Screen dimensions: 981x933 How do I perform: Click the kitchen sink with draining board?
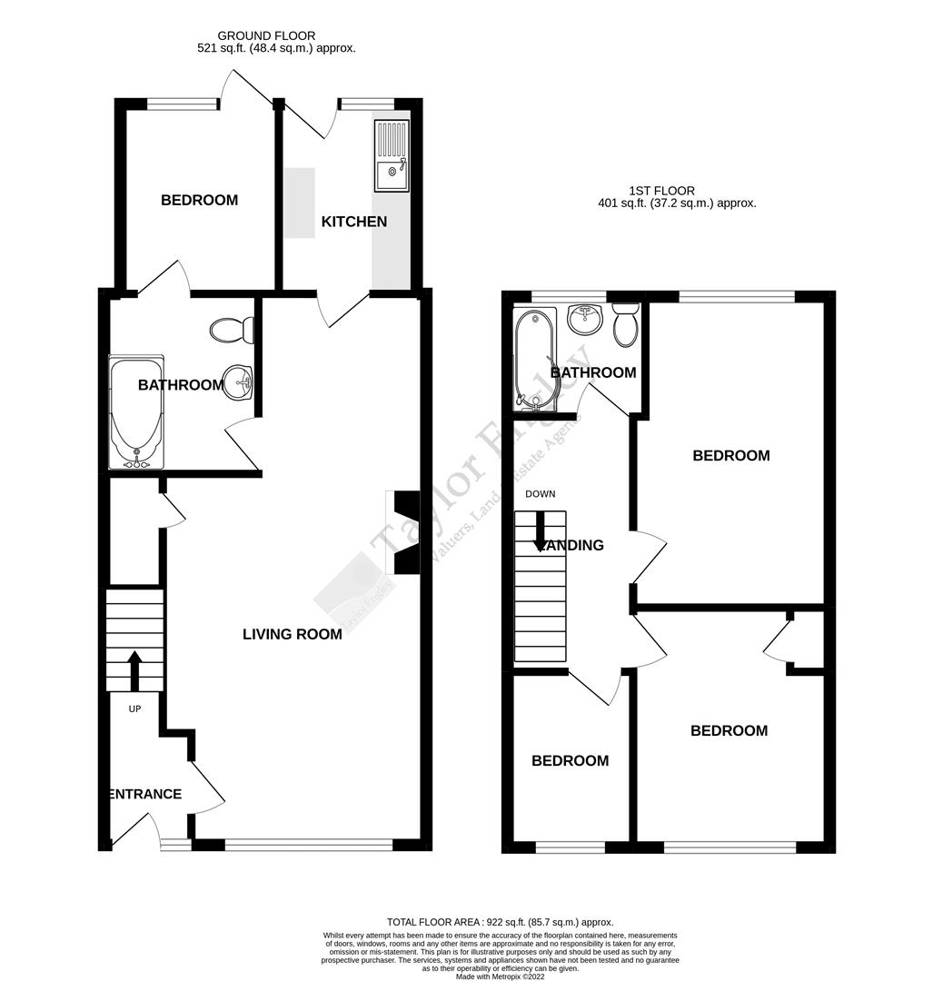[392, 155]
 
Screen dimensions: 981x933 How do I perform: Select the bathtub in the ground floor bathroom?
[135, 412]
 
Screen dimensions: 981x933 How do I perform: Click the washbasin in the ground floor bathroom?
[240, 381]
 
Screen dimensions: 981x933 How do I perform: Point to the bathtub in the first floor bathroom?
[533, 357]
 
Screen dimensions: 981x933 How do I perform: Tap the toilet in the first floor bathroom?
[626, 326]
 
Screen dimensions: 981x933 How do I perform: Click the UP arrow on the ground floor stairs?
[134, 670]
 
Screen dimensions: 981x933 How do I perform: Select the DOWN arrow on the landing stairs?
[540, 529]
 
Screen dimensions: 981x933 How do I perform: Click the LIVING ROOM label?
[292, 634]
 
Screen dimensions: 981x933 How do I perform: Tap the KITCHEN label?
[353, 222]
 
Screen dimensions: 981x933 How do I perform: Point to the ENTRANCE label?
[145, 794]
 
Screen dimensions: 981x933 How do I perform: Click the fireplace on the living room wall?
[402, 532]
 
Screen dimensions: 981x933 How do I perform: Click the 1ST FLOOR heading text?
[661, 191]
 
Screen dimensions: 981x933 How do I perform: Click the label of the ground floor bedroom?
[199, 200]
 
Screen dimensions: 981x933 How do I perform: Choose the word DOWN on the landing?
[540, 494]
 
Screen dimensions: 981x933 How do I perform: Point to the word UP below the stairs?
[134, 708]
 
